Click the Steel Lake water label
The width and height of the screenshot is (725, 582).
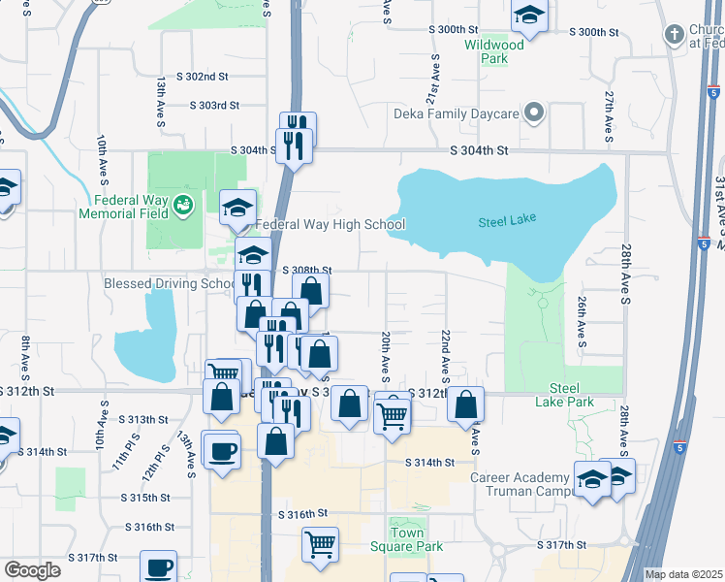pos(507,221)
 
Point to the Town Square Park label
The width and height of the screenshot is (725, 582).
pos(417,539)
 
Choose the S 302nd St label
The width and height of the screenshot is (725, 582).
pos(202,76)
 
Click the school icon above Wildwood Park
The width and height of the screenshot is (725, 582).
pos(529,15)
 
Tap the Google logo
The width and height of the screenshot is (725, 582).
pos(32,570)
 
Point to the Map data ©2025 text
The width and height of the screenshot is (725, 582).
pos(683,574)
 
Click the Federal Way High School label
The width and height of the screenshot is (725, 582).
pos(330,225)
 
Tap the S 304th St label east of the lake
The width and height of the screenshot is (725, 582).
pos(479,150)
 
